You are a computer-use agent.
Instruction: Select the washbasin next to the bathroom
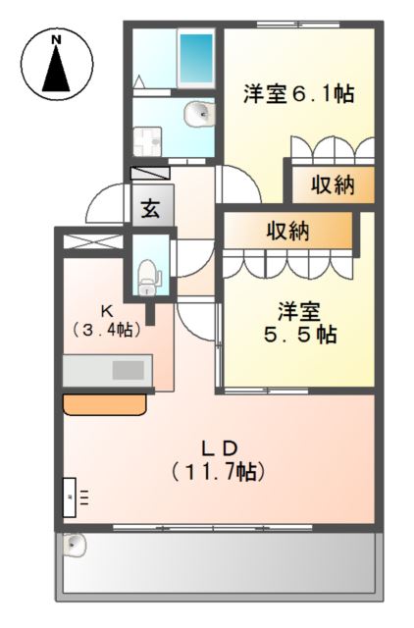(x=199, y=114)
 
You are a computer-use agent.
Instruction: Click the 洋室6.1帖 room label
(x=298, y=94)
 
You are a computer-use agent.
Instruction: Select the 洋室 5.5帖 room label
(x=298, y=323)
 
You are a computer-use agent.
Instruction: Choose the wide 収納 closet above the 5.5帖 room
(x=287, y=232)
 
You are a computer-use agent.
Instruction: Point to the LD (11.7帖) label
(x=217, y=459)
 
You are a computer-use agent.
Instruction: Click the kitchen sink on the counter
(x=128, y=370)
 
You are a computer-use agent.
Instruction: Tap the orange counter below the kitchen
(x=106, y=403)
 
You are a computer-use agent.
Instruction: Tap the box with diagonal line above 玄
(x=150, y=173)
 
